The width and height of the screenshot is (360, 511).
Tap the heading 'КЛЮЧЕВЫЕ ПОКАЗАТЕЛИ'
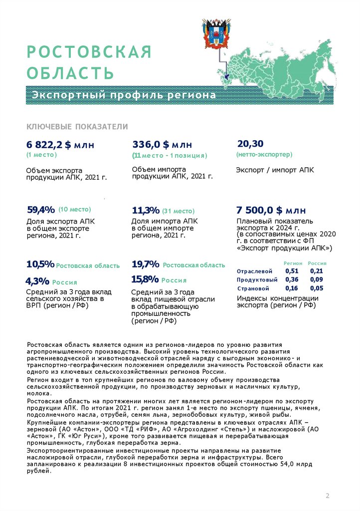pos(77,127)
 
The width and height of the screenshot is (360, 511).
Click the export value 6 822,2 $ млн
pos(60,145)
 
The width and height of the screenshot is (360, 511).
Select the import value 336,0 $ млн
pos(162,145)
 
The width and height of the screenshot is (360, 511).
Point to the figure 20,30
pos(250,144)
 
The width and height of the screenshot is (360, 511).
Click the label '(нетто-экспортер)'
pos(264,155)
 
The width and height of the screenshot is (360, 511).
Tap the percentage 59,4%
pos(40,210)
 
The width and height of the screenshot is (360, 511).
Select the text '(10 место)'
pos(74,210)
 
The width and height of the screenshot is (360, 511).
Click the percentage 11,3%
pos(146,210)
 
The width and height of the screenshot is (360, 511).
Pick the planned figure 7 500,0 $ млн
pos(271,210)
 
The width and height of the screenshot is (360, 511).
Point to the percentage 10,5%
pos(40,264)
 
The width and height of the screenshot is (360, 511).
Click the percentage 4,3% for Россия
pos(37,281)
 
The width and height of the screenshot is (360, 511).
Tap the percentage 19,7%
pos(146,264)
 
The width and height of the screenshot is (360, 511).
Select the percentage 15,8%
pos(145,279)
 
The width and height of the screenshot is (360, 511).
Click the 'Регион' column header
pos(293,263)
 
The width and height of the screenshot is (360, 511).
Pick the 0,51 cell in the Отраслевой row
pos(292,271)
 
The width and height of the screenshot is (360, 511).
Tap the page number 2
pos(328,496)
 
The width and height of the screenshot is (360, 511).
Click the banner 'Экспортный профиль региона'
pos(125,95)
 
